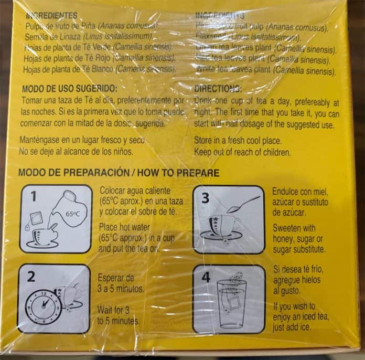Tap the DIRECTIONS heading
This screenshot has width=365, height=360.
[x=218, y=89]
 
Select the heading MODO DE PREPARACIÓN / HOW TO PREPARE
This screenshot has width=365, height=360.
[x=119, y=173]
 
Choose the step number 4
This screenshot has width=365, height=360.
[x=206, y=277]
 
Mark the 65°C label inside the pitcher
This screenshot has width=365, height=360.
[x=72, y=214]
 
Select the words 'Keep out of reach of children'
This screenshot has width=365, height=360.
[x=242, y=152]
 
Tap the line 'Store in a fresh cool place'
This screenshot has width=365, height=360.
[x=238, y=141]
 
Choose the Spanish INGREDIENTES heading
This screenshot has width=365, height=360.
[x=51, y=16]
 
